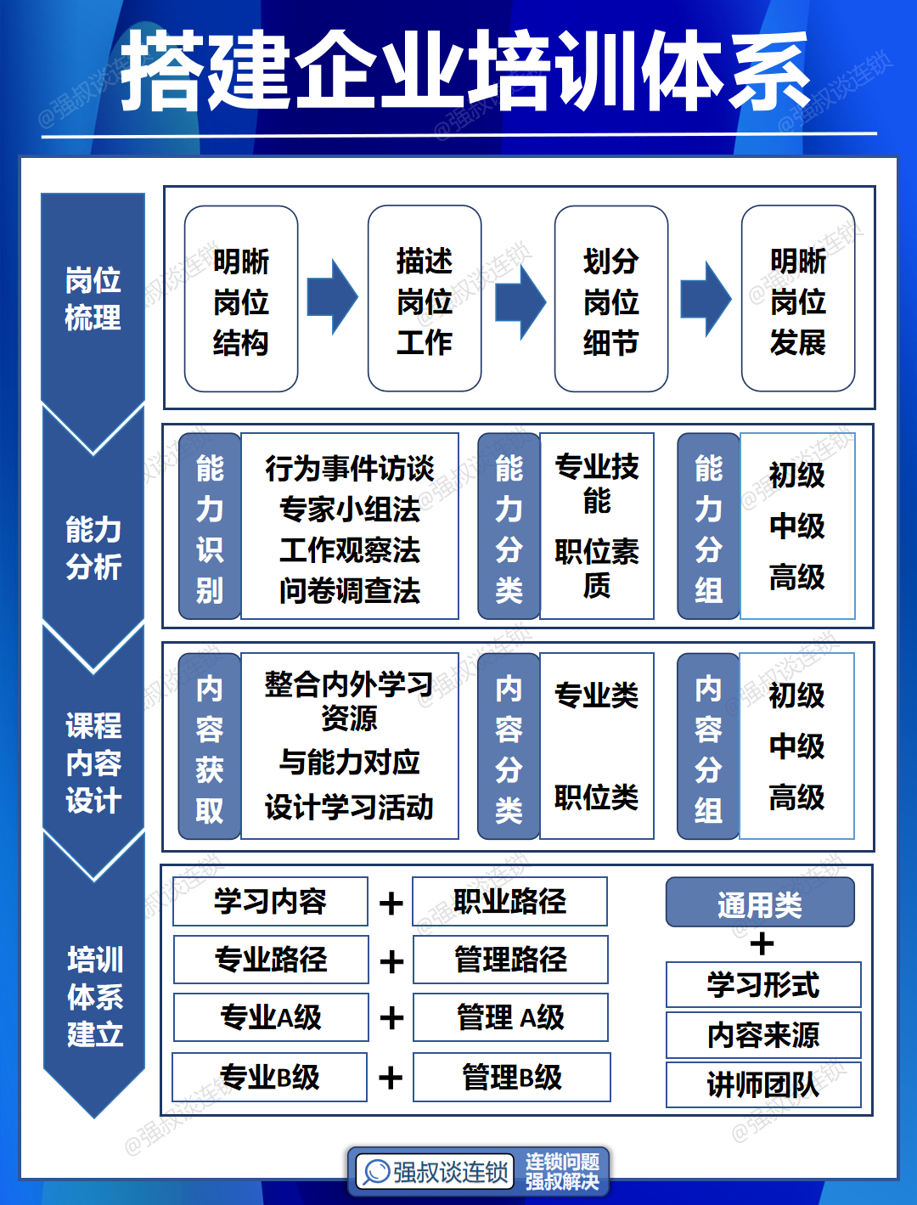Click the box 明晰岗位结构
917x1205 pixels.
coord(241,299)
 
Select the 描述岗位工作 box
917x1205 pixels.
coord(425,299)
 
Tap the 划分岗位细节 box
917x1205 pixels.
coord(611,299)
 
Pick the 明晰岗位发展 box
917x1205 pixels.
coord(798,299)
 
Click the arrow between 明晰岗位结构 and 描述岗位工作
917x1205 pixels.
coord(332,297)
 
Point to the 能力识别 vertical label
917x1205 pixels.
coord(210,526)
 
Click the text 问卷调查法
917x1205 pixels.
coord(350,590)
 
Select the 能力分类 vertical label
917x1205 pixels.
coord(509,526)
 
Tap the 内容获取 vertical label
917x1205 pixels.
coord(210,746)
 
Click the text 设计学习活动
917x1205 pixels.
coord(350,807)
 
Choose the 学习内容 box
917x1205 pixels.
coord(270,901)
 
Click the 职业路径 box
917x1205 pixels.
coord(509,901)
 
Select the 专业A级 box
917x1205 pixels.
coord(271,1017)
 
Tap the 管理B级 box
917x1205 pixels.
coord(512,1078)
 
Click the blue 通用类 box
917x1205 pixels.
coord(760,903)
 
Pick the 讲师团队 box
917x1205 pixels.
coord(763,1084)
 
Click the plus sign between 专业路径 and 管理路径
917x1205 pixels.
coord(391,961)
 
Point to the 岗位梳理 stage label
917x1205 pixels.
coord(93,298)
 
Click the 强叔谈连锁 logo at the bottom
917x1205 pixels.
coord(436,1173)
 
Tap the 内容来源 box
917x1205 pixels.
coord(763,1035)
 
